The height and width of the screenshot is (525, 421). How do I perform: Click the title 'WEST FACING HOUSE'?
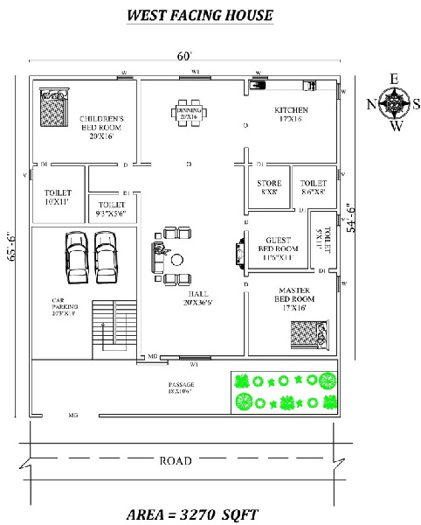[200, 15]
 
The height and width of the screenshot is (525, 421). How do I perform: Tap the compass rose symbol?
[395, 103]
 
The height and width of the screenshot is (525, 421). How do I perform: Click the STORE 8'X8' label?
[268, 188]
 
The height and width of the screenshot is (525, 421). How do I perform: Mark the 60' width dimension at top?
[183, 56]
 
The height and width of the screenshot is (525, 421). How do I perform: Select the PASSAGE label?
[181, 388]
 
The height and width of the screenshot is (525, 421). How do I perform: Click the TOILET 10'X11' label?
[58, 197]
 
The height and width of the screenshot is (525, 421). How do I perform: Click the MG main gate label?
[73, 416]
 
